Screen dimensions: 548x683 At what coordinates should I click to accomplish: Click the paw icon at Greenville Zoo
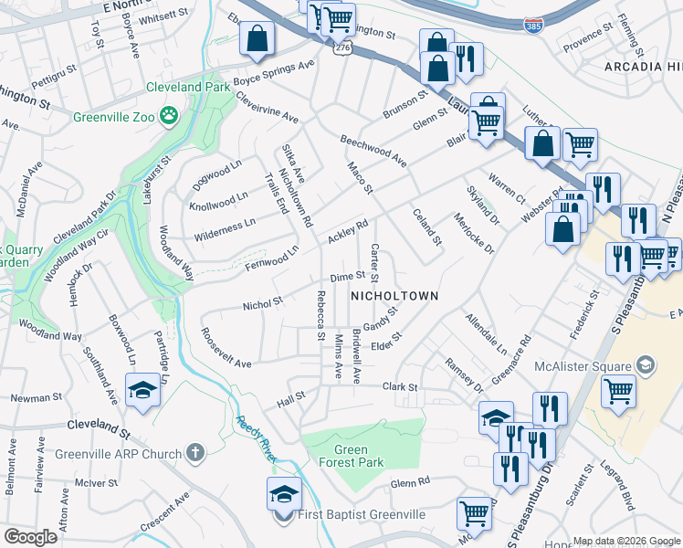tap(169, 115)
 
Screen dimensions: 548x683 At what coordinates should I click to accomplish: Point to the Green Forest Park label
tap(351, 456)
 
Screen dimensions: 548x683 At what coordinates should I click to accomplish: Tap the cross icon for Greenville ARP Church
tap(194, 451)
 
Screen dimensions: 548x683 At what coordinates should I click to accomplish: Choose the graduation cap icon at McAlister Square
tap(646, 366)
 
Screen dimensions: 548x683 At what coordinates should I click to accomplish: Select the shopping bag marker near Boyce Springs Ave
tap(257, 39)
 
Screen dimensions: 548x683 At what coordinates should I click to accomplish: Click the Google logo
tap(30, 537)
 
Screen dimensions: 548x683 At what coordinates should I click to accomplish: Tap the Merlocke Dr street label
tap(473, 234)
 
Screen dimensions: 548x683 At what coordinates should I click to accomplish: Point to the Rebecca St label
tap(320, 315)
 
